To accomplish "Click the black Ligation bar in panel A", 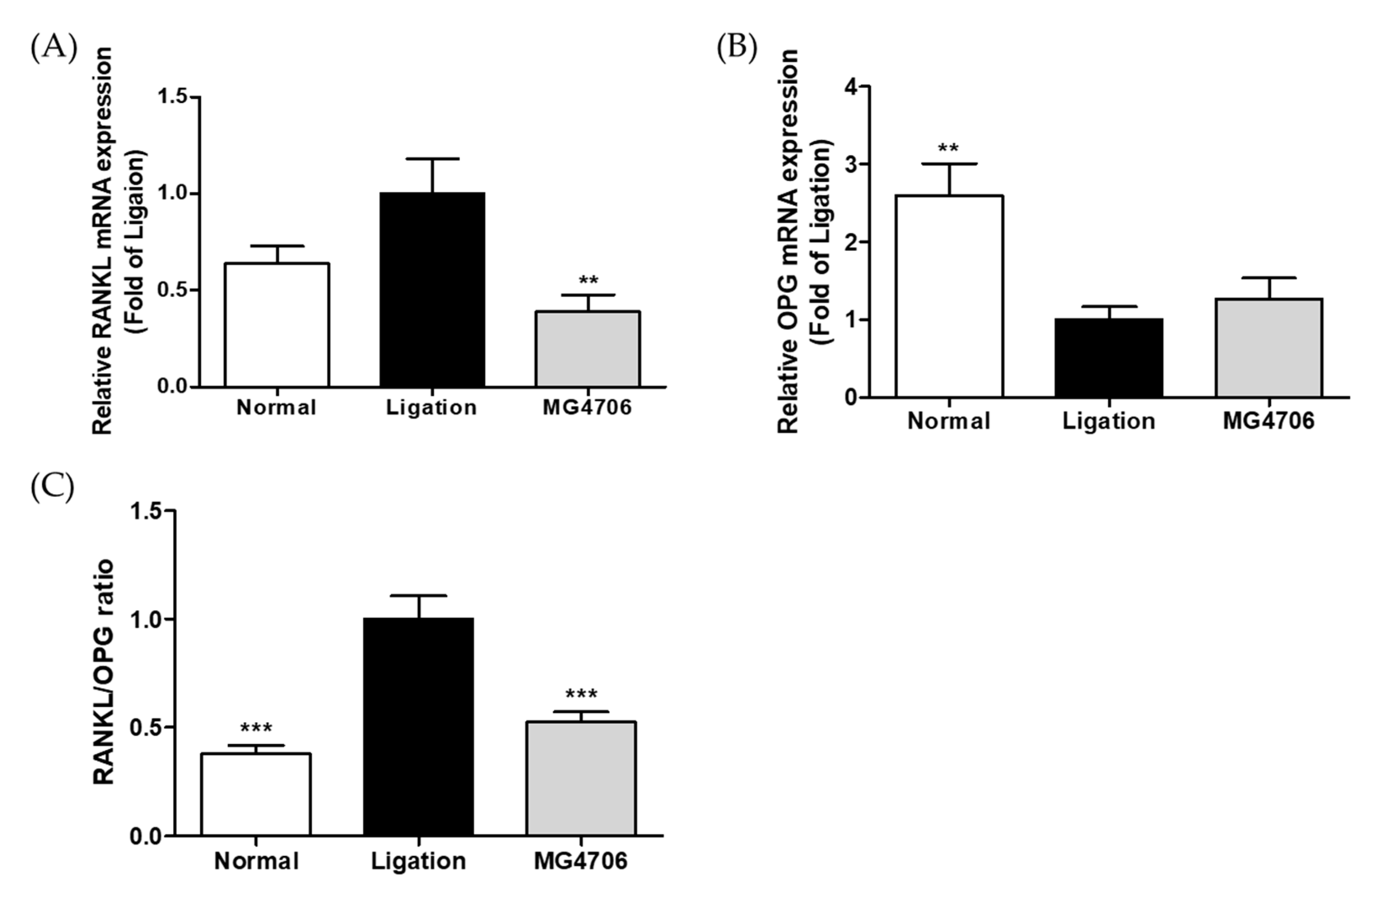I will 432,290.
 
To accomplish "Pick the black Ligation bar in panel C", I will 418,727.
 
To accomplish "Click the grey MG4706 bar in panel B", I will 1268,348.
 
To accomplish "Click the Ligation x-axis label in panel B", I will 1109,421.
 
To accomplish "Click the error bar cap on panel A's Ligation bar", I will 432,158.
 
